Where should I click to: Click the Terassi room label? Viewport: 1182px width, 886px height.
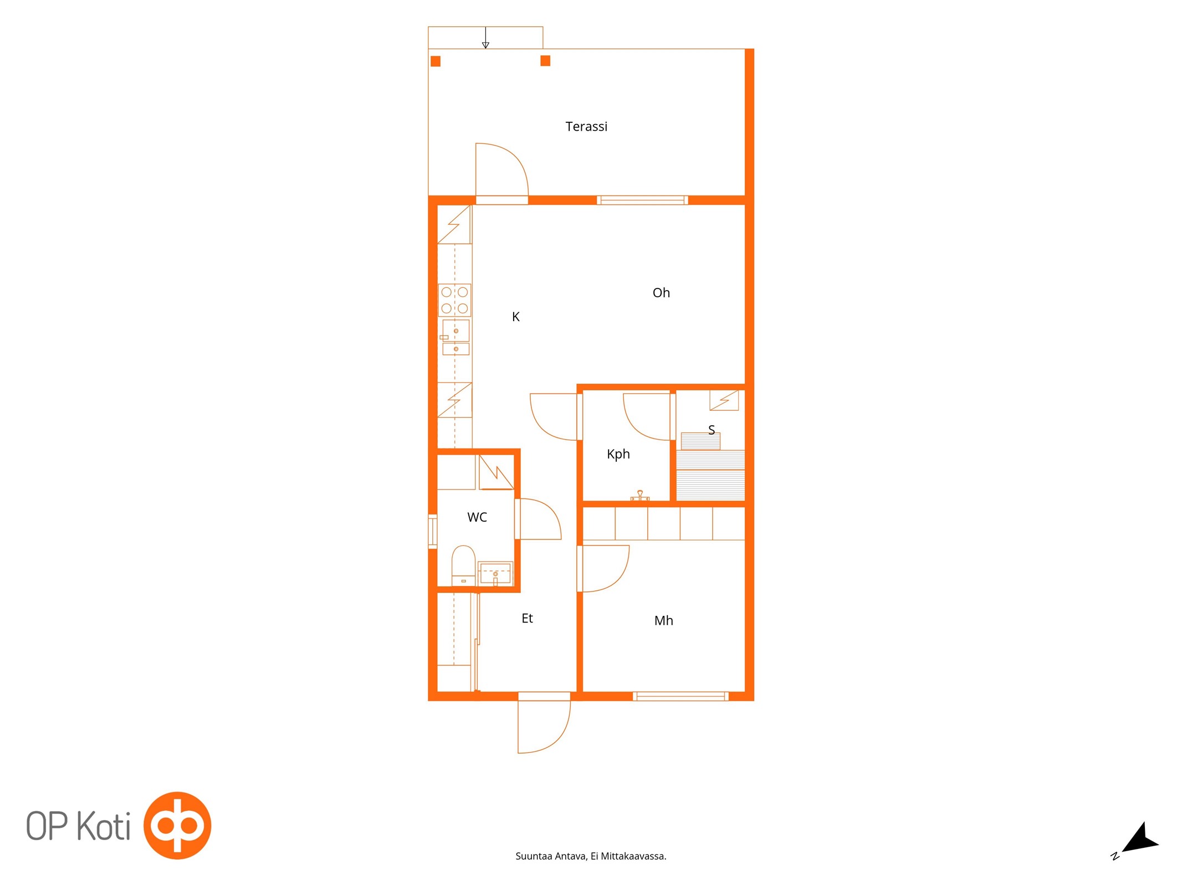pos(586,127)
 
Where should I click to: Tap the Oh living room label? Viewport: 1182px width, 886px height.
pos(661,292)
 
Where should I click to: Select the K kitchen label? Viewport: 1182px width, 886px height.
pos(515,317)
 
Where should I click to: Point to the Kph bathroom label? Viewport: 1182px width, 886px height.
pos(618,454)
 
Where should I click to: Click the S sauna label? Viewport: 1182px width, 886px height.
pos(712,430)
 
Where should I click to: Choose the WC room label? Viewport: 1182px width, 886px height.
pos(477,517)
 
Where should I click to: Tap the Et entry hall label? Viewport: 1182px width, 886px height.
pos(527,618)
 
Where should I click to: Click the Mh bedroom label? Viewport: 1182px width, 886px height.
pos(663,621)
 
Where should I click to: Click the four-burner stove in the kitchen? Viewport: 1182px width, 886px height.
pos(454,300)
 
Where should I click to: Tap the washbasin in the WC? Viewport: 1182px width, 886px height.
pos(495,573)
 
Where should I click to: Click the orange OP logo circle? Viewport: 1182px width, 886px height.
pos(177,825)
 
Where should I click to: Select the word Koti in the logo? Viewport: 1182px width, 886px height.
pos(103,826)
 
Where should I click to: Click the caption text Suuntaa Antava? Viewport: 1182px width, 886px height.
pos(551,856)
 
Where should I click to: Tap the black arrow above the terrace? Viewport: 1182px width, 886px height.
pos(485,38)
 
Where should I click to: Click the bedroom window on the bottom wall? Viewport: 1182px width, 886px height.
pos(680,696)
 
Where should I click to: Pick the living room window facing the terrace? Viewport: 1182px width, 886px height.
pos(642,200)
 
